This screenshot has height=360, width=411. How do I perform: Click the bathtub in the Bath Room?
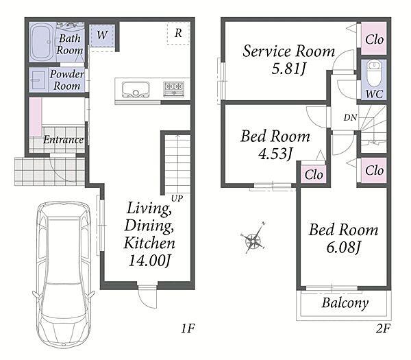tap(42, 42)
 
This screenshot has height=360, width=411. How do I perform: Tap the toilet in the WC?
tap(374, 73)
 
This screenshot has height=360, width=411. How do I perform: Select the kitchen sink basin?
tap(136, 89)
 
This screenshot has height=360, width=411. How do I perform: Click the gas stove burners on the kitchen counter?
tap(174, 88)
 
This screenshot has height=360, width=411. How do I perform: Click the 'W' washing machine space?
tap(102, 36)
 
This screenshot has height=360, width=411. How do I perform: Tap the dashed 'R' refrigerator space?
tap(178, 33)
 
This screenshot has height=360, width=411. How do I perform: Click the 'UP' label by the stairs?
tap(177, 199)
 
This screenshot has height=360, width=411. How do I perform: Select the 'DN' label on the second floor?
tap(350, 117)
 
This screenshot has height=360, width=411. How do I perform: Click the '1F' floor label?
tap(188, 328)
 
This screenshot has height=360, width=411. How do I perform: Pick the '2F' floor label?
tap(383, 328)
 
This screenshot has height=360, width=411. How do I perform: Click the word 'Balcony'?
tap(345, 303)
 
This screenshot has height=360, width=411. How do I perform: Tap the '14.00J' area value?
tap(150, 261)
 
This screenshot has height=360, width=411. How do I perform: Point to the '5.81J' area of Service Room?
tap(288, 69)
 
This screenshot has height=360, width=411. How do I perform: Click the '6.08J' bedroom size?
tap(344, 247)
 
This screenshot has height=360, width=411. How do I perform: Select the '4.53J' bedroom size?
tap(275, 154)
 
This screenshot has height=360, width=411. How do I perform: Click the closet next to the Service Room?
tap(374, 38)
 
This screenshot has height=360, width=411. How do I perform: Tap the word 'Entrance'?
tap(63, 140)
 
